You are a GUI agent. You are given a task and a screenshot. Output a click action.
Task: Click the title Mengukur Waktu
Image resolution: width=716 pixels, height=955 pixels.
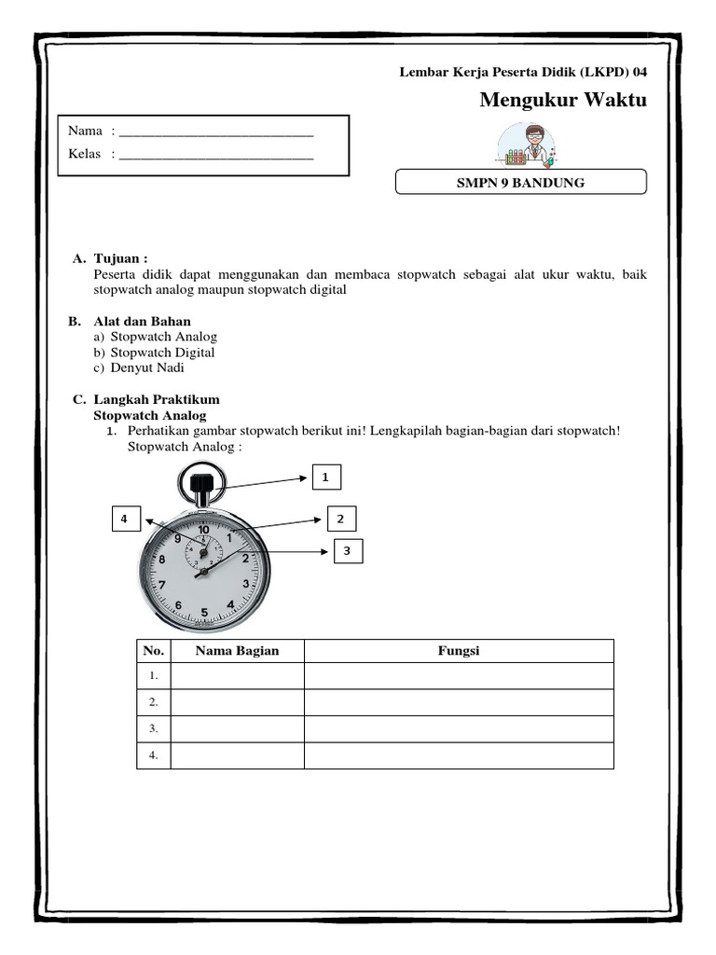coord(562,101)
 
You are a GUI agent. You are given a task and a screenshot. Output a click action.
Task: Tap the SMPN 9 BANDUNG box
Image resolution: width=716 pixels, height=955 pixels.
coord(521,182)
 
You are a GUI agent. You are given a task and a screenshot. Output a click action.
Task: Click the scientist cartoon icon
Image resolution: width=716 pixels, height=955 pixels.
coord(528,144)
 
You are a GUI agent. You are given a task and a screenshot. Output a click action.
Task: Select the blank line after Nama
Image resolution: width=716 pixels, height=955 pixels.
coord(216,131)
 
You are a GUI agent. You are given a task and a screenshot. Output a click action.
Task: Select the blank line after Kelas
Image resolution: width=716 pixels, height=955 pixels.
coord(216,154)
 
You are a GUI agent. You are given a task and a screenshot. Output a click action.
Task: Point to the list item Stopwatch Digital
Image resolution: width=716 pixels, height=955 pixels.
coord(162,353)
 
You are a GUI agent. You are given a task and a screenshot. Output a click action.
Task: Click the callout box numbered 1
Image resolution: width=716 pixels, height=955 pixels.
coord(325,477)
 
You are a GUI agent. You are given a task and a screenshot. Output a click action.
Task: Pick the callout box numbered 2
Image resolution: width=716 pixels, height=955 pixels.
coord(340,519)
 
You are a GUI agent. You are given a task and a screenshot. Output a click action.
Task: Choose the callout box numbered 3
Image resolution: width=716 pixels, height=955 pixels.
coord(347,552)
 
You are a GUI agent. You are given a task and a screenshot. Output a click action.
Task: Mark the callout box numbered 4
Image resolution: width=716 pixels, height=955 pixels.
coord(124,519)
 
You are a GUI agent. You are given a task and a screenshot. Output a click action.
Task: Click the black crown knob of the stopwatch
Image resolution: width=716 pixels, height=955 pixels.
coord(202,483)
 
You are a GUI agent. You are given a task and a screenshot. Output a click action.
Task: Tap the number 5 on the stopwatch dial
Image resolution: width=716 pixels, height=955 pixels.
coord(204,613)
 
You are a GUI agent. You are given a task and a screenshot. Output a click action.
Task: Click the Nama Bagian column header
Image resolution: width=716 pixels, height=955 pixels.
coord(237,651)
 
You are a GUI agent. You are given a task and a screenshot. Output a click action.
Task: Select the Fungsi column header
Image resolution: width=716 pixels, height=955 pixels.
coord(459,651)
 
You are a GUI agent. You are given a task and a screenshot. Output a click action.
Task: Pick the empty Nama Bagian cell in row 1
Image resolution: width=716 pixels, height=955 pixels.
coord(237,676)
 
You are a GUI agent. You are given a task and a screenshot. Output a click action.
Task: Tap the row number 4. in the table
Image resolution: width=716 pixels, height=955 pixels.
coord(154,755)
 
